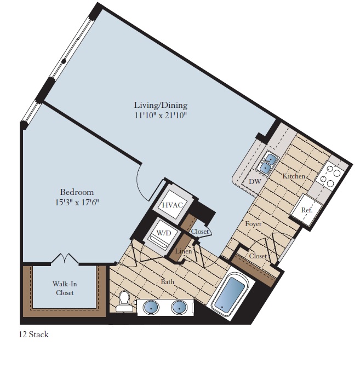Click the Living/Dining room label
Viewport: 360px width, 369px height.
click(x=161, y=105)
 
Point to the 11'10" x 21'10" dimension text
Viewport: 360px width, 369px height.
click(x=161, y=115)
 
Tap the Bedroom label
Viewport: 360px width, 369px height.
click(x=77, y=192)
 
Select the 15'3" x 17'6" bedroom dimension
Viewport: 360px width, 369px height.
click(x=77, y=202)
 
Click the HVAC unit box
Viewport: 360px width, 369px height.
click(x=172, y=205)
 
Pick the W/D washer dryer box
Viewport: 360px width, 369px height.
click(x=164, y=234)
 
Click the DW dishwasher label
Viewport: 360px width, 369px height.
click(x=255, y=181)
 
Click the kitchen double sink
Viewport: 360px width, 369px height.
click(x=268, y=163)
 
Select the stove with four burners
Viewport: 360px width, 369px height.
click(x=331, y=175)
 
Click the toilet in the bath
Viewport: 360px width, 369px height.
click(x=125, y=302)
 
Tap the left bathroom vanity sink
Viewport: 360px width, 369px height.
click(x=151, y=307)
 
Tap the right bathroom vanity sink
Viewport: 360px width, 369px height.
click(x=179, y=307)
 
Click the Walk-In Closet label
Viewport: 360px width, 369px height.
click(x=64, y=288)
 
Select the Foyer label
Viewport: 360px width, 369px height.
click(x=253, y=224)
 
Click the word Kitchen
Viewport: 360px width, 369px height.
click(x=294, y=176)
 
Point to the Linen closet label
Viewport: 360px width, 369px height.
click(x=183, y=251)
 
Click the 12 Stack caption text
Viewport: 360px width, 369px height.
click(x=33, y=335)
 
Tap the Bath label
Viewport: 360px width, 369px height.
click(x=168, y=282)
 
